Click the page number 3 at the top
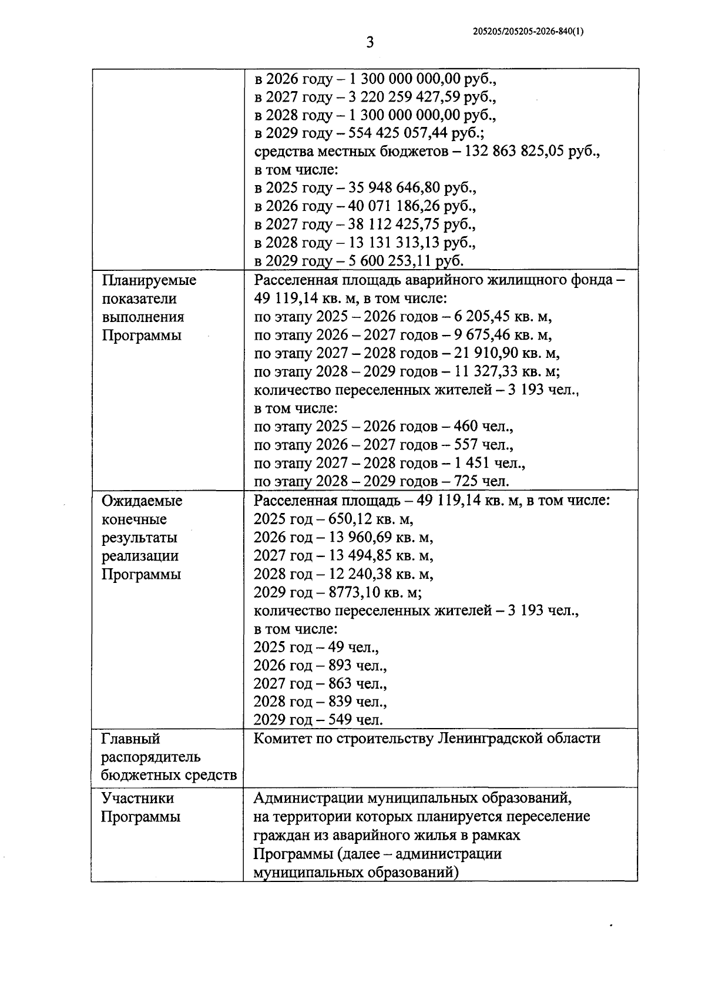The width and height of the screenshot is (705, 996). pos(370,43)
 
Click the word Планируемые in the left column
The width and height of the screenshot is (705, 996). pos(149,280)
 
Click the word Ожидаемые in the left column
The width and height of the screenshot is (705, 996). pos(142,501)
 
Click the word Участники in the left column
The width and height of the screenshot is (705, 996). pos(137,799)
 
